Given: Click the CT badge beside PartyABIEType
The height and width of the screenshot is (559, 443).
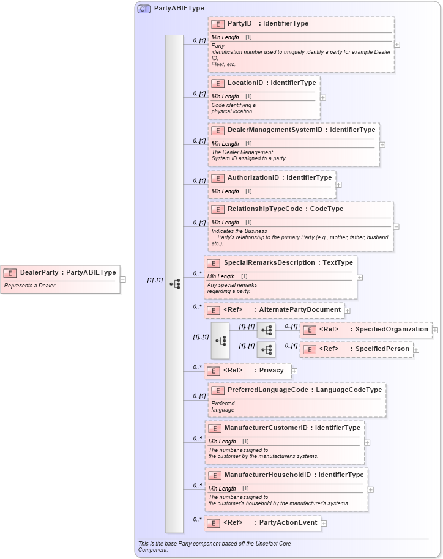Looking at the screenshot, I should (x=144, y=9).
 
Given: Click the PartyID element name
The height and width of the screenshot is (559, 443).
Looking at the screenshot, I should (x=239, y=24).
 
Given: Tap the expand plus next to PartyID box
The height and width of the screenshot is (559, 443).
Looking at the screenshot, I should (x=397, y=45).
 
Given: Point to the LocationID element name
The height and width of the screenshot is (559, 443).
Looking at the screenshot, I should (x=245, y=83).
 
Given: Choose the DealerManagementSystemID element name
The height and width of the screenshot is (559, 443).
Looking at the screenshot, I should (x=275, y=130).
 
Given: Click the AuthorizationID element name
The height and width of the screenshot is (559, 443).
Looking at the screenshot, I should (x=253, y=178).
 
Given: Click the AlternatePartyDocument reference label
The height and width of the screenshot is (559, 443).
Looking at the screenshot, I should (x=299, y=310).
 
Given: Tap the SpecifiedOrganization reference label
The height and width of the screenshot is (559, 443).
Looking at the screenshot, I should (x=392, y=330).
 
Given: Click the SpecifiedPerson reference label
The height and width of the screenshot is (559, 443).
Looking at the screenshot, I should (x=382, y=349).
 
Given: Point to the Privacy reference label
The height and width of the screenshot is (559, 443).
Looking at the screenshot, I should (x=271, y=371).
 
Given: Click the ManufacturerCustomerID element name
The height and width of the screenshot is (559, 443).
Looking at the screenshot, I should (x=266, y=428).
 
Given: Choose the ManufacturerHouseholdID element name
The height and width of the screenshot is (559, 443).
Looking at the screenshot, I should (x=269, y=475).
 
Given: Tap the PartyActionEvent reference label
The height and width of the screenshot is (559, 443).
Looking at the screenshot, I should (x=288, y=523).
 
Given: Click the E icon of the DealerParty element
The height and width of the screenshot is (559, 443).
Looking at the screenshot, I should (x=10, y=273).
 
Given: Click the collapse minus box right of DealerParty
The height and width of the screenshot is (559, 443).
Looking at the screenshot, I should (x=123, y=279).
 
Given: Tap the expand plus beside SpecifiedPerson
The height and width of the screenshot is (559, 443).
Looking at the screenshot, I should (x=416, y=349).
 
